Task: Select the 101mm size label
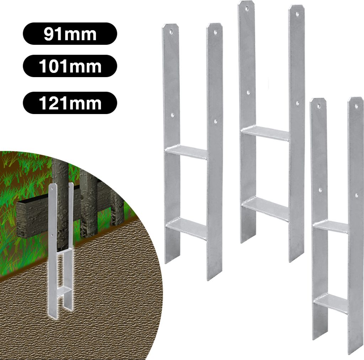70,66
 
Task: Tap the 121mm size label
70,103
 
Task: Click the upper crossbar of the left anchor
186,153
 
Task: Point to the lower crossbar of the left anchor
187,228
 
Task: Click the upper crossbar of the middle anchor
265,133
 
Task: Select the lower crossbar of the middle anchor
266,209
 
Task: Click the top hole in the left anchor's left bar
171,32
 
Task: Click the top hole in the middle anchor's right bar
297,14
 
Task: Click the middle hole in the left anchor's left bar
173,114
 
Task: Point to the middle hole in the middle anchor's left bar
248,92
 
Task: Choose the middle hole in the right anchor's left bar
320,190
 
